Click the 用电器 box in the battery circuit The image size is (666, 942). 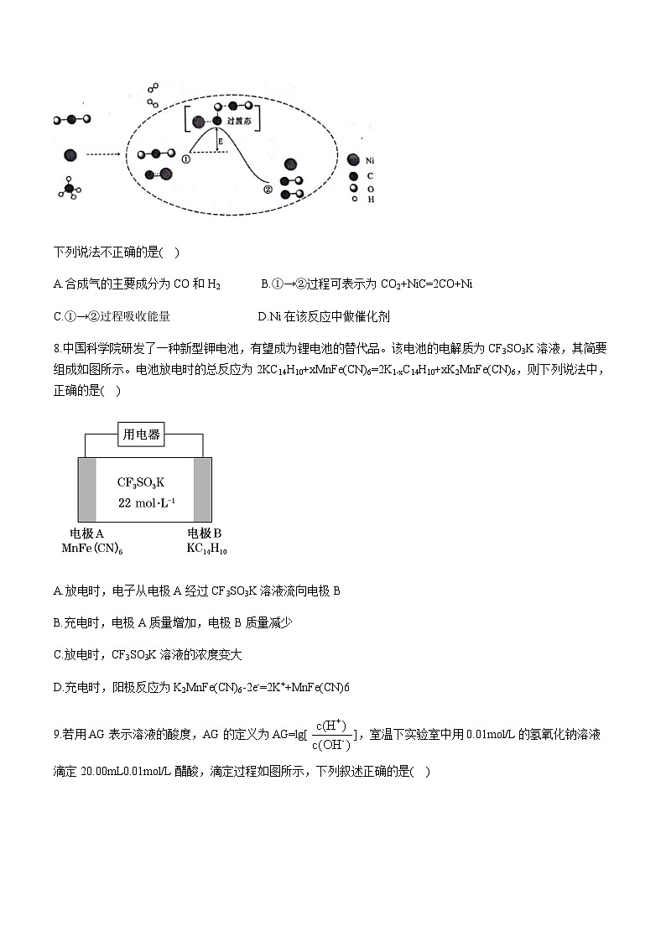142,435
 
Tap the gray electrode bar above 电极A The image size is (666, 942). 87,490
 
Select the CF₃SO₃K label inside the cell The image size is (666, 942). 142,481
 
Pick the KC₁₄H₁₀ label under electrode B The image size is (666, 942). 207,549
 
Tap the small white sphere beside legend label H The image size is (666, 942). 355,200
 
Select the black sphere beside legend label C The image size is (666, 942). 355,175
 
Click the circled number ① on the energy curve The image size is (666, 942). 185,158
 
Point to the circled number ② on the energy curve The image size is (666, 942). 268,189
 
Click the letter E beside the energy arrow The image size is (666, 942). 221,143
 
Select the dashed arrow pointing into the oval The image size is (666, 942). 106,154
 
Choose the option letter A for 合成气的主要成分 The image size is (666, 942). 57,284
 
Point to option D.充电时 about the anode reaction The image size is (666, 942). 56,687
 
